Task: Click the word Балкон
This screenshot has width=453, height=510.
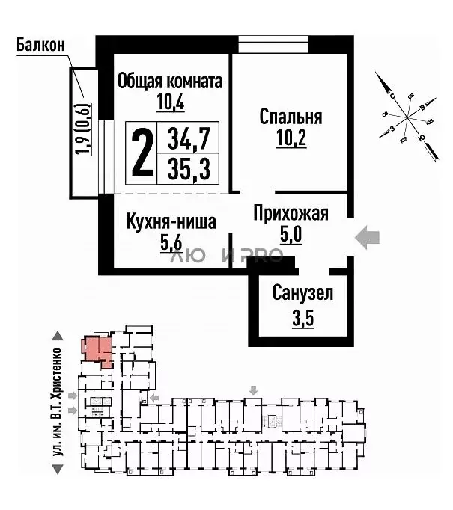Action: click(x=39, y=44)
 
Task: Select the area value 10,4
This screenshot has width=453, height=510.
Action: click(x=170, y=102)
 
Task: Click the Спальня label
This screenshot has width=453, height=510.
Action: click(x=291, y=117)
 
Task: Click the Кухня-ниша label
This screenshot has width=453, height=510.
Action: click(x=171, y=221)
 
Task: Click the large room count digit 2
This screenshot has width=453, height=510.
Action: click(x=141, y=152)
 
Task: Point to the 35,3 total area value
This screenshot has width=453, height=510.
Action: click(x=188, y=169)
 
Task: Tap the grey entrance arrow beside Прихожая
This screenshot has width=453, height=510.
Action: click(x=367, y=239)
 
